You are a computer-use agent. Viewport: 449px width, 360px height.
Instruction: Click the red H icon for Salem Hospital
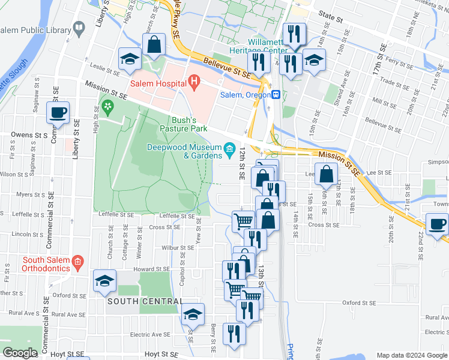[x=193, y=80]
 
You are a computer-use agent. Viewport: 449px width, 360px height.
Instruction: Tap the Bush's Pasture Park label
[x=183, y=124]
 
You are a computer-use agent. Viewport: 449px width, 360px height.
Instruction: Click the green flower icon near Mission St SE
[x=108, y=108]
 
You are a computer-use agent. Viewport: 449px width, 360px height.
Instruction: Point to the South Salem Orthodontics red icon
[x=77, y=261]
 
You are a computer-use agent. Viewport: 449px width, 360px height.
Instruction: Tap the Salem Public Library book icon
[x=79, y=28]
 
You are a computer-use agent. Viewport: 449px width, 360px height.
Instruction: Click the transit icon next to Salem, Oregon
[x=276, y=94]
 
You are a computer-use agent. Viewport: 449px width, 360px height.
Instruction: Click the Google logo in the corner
[x=20, y=353]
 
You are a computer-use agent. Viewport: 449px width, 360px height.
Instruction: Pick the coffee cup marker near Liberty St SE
[x=58, y=112]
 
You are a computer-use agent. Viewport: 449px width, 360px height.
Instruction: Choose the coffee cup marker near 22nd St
[x=438, y=224]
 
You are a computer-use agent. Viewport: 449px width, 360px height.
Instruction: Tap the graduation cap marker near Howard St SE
[x=104, y=280]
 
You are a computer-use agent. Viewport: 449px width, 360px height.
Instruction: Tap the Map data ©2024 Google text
[x=412, y=355]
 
